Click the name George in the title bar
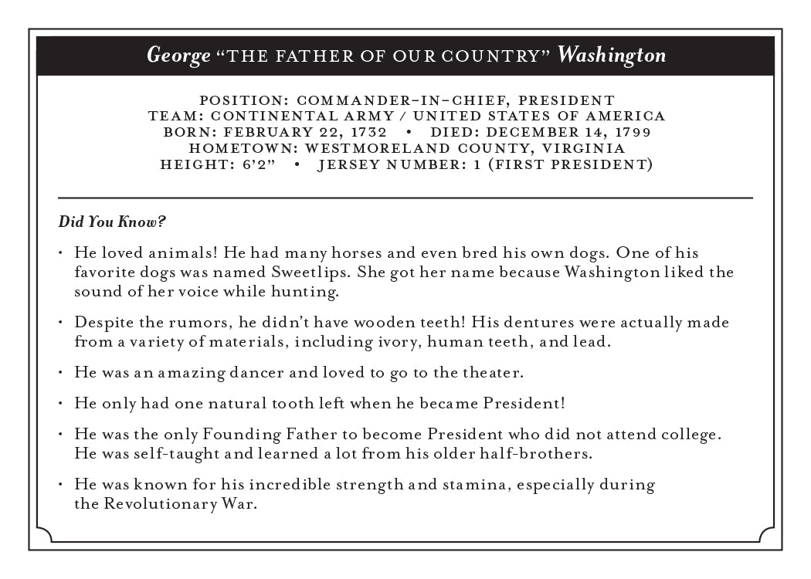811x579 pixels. click(178, 56)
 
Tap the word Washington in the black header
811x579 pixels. click(612, 56)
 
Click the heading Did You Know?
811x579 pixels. click(112, 222)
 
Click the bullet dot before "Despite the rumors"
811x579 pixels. click(61, 322)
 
